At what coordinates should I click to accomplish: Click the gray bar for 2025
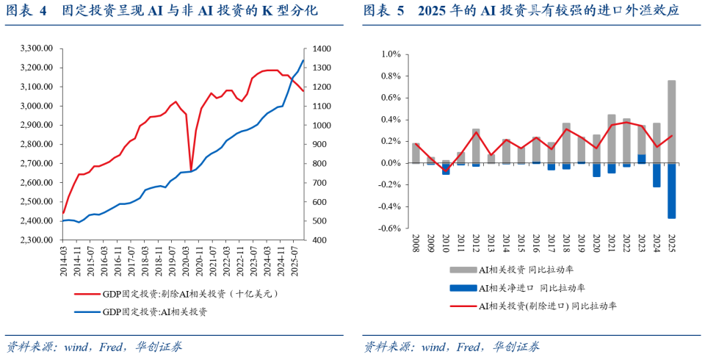coord(671,122)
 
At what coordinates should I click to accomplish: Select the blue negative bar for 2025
coord(671,190)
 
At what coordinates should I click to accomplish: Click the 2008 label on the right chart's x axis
coord(416,245)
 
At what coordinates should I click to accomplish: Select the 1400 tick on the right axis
coord(324,48)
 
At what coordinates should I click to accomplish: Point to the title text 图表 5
coord(383,11)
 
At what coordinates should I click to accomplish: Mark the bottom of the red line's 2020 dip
coord(191,170)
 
